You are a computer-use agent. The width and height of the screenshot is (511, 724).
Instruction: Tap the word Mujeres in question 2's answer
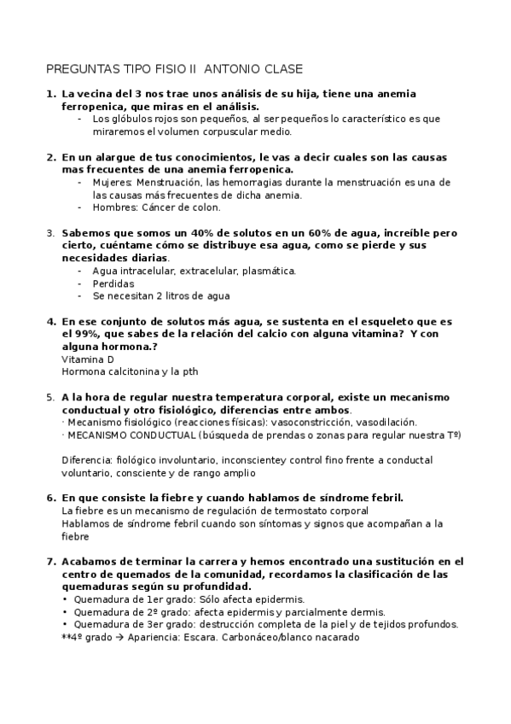[x=111, y=183]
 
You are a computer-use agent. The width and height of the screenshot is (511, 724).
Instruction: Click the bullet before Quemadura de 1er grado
[x=66, y=600]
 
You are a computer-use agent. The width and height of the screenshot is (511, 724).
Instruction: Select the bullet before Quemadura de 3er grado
[x=66, y=624]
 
